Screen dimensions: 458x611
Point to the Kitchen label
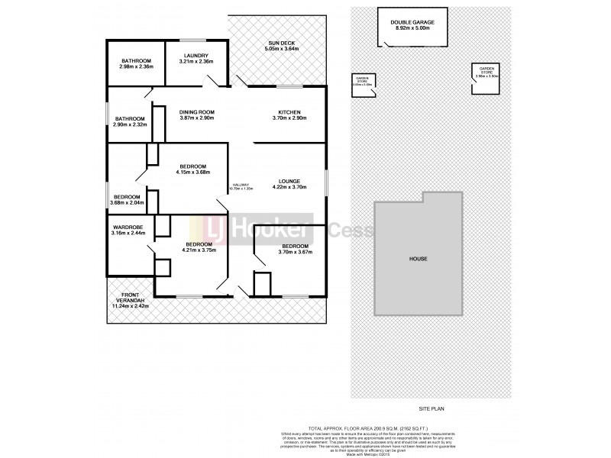click(x=289, y=111)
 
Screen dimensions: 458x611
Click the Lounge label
click(x=288, y=181)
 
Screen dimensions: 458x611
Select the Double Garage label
click(x=411, y=22)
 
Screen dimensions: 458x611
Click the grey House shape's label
click(x=417, y=259)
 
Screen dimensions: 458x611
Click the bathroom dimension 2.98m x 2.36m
click(x=137, y=67)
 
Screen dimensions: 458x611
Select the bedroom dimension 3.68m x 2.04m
click(x=128, y=203)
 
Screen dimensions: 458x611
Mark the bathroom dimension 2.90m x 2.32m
click(x=131, y=124)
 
